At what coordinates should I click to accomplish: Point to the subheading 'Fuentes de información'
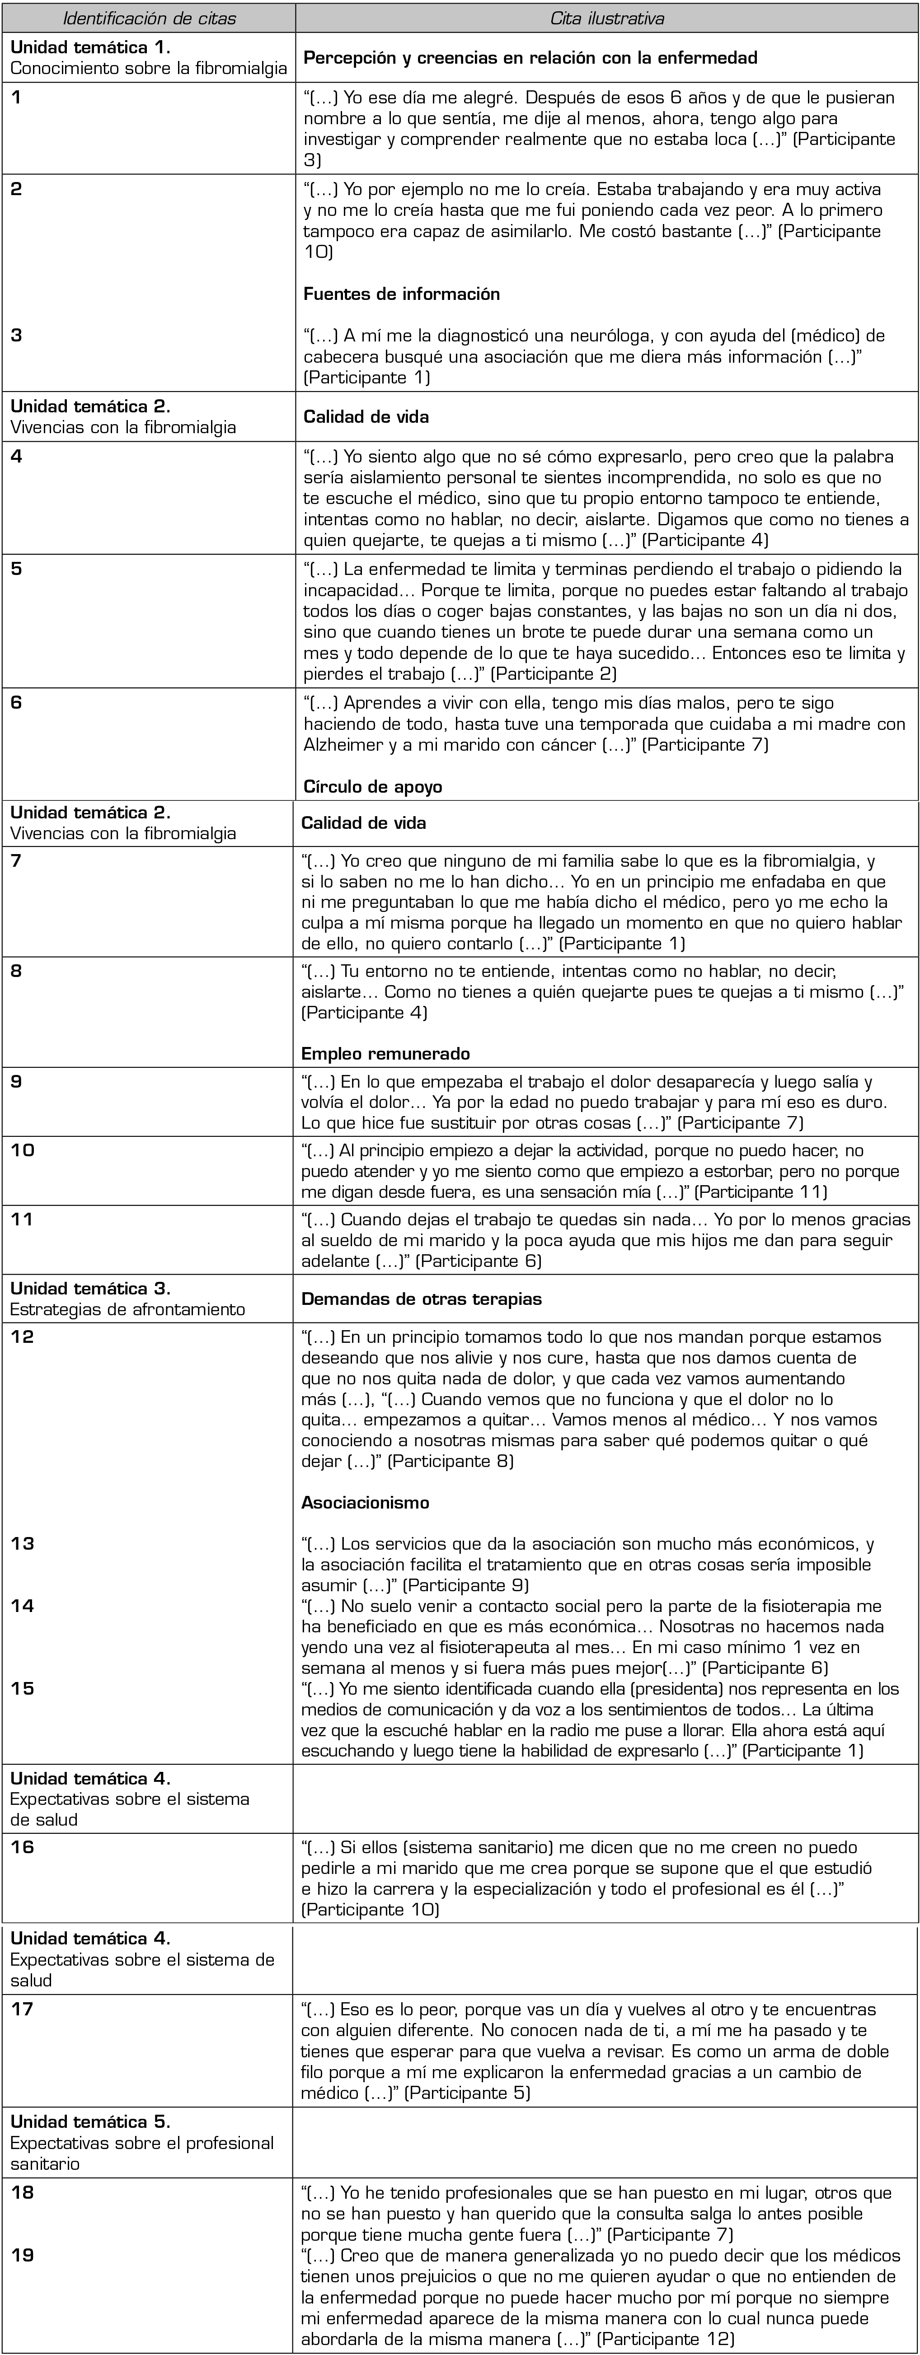click(x=401, y=294)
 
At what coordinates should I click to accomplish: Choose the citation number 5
click(x=16, y=568)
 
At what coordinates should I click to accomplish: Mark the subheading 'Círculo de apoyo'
click(x=372, y=786)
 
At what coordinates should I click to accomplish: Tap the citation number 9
click(x=16, y=1081)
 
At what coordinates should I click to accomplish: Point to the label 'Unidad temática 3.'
click(x=90, y=1288)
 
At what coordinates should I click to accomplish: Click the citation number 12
click(x=22, y=1336)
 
